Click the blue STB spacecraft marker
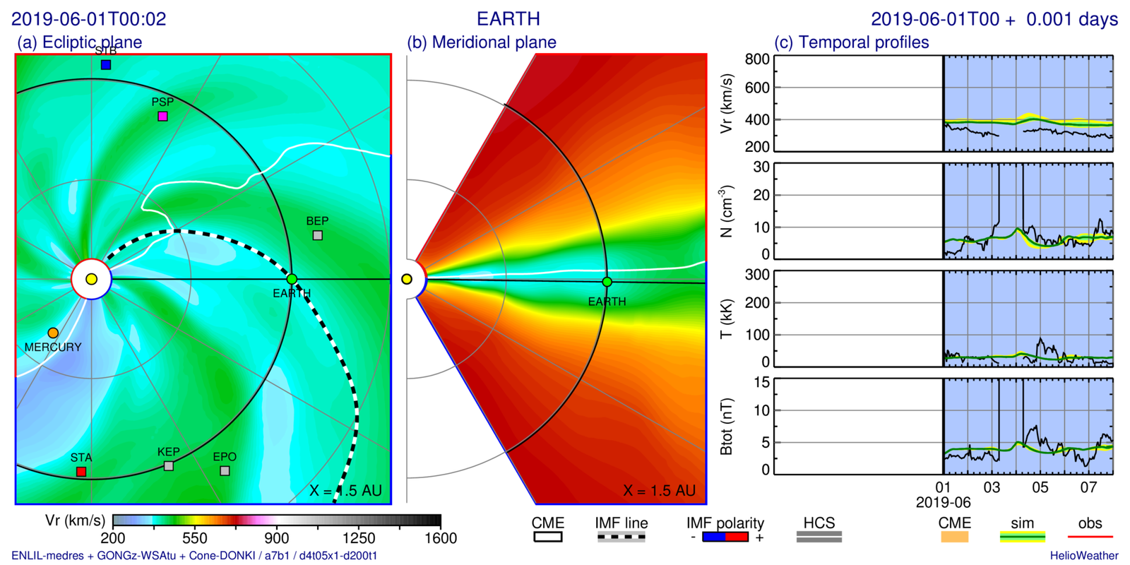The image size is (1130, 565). coord(106,65)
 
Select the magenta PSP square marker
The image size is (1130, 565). coord(162,116)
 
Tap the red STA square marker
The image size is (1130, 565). coord(81,471)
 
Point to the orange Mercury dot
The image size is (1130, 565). coord(53,333)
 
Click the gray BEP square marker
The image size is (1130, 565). coord(318,235)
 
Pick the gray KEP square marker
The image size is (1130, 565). coord(169,466)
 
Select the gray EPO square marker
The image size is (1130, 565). coord(225,470)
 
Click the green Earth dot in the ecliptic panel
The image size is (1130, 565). coord(292,280)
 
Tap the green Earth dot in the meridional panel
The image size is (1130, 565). coord(607,282)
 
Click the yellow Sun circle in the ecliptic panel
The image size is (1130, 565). coord(91,280)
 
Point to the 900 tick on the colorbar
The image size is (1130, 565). coord(277,538)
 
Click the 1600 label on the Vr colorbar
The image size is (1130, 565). coord(441,538)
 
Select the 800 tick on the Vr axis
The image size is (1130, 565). coord(757,59)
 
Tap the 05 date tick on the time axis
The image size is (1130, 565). coord(1040,487)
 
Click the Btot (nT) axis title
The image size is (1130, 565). coord(726,427)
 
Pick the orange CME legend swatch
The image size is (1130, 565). coord(953,537)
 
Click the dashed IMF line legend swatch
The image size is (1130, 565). coord(621,537)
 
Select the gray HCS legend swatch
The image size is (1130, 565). coord(819,537)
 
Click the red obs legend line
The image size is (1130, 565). coord(1090,537)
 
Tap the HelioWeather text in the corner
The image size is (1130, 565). coord(1083,556)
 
